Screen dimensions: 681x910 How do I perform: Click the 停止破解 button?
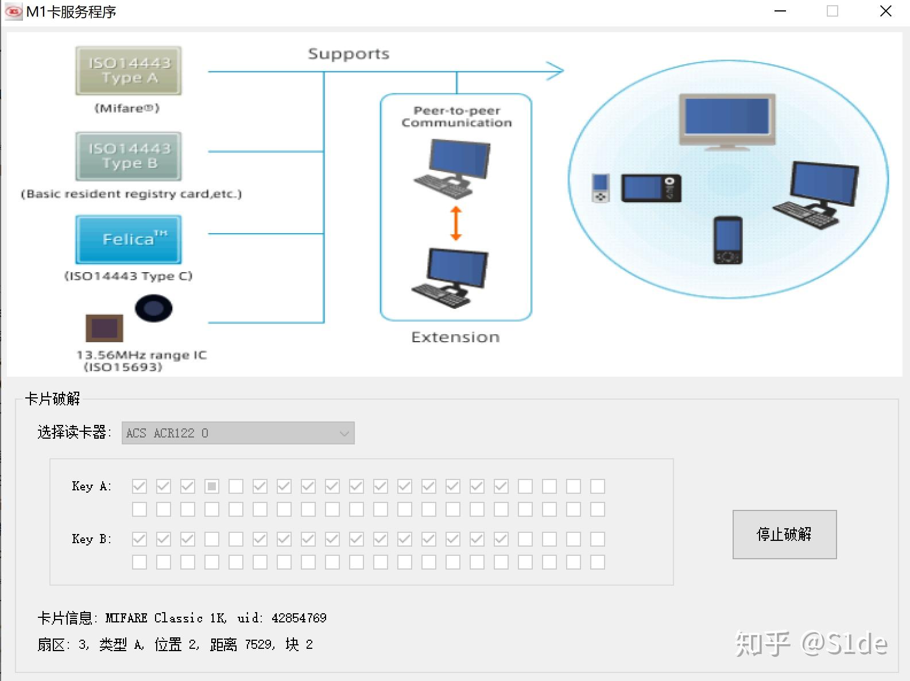pyautogui.click(x=784, y=534)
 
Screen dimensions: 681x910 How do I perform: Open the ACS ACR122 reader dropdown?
pyautogui.click(x=238, y=433)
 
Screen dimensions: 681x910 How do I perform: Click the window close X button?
pyautogui.click(x=885, y=11)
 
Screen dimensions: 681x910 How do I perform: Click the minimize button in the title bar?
pyautogui.click(x=780, y=11)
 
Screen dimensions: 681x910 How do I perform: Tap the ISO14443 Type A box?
pyautogui.click(x=129, y=70)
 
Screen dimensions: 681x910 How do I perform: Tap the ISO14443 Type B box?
pyautogui.click(x=129, y=156)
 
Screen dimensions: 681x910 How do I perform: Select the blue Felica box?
pyautogui.click(x=129, y=239)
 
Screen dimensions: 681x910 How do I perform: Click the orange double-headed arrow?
pyautogui.click(x=456, y=223)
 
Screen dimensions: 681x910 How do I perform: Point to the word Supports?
pyautogui.click(x=348, y=54)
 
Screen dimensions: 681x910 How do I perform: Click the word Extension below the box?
pyautogui.click(x=455, y=337)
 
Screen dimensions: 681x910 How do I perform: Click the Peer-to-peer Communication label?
pyautogui.click(x=456, y=117)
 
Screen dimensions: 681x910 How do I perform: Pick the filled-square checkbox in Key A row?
pyautogui.click(x=212, y=486)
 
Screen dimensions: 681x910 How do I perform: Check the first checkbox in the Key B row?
pyautogui.click(x=140, y=539)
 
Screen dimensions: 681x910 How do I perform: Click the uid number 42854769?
pyautogui.click(x=299, y=618)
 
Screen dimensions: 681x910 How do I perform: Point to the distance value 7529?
pyautogui.click(x=258, y=644)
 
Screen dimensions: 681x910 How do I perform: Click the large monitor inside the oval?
pyautogui.click(x=727, y=119)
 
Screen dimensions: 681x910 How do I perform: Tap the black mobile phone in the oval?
pyautogui.click(x=727, y=240)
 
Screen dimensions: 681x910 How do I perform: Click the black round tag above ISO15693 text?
pyautogui.click(x=153, y=308)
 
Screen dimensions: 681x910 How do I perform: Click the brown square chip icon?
pyautogui.click(x=104, y=328)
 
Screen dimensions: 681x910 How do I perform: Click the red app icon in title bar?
pyautogui.click(x=13, y=11)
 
